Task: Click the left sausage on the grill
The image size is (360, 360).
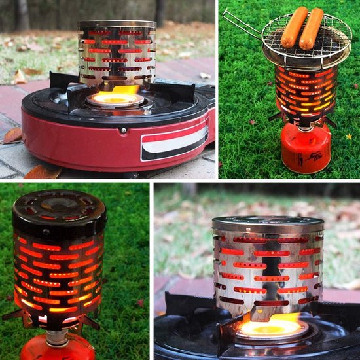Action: (294, 27)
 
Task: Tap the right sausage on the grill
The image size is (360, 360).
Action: (312, 29)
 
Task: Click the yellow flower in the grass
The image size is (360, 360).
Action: (348, 136)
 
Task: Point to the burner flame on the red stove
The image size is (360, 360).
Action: (118, 97)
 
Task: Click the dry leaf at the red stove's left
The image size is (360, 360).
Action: (12, 135)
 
